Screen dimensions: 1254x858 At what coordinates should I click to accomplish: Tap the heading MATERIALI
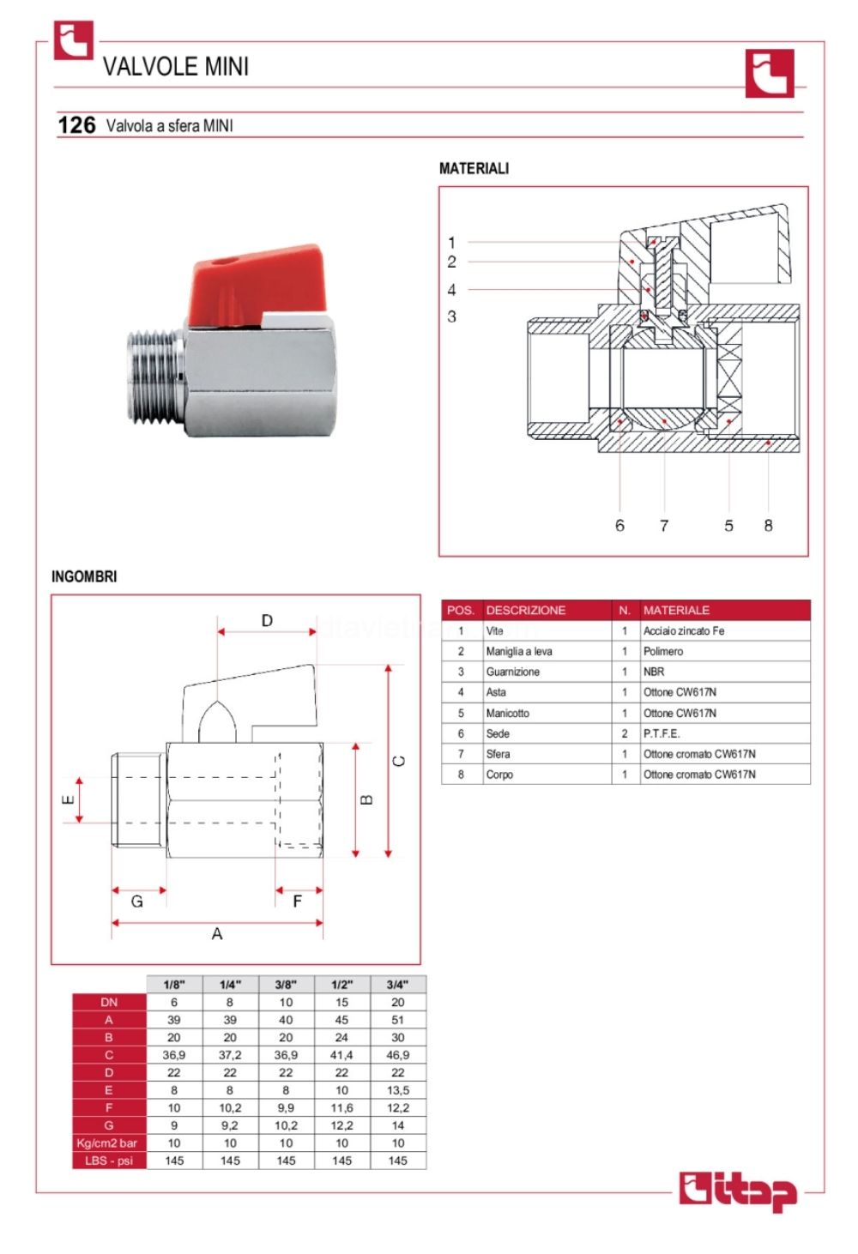click(x=474, y=168)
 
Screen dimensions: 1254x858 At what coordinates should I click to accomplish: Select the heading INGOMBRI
click(x=84, y=576)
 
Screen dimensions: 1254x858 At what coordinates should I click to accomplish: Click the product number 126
click(x=76, y=125)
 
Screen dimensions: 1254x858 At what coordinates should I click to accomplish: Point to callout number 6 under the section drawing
click(x=619, y=525)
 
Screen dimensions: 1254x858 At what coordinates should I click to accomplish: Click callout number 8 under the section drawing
click(x=768, y=525)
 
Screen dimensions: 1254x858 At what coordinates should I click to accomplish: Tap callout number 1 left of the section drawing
click(x=451, y=243)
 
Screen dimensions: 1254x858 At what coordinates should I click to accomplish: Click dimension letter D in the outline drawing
click(x=267, y=620)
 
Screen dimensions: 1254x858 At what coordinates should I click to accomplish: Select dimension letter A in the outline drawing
click(x=217, y=933)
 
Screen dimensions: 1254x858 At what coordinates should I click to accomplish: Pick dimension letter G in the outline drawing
click(x=136, y=901)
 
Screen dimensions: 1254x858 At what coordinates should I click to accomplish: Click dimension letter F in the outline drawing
click(x=297, y=901)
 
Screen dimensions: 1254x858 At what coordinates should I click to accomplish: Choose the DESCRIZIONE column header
click(x=526, y=610)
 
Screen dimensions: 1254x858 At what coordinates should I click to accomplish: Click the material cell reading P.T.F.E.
click(x=662, y=733)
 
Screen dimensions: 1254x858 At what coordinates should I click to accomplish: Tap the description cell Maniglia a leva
click(x=519, y=651)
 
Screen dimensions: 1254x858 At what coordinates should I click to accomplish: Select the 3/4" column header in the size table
click(x=397, y=985)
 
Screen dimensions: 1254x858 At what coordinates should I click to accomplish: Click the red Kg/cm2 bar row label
click(x=108, y=1142)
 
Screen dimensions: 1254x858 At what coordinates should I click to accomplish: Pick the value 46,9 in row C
click(x=397, y=1055)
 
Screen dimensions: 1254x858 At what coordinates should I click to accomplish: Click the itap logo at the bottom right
click(x=738, y=1191)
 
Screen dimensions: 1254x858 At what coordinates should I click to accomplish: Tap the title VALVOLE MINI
click(x=176, y=66)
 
